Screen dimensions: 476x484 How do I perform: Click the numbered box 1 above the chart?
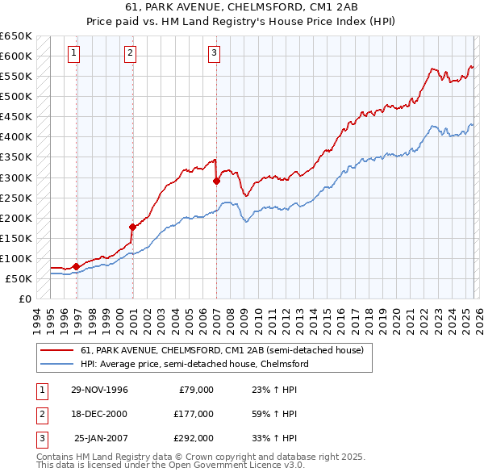(73, 54)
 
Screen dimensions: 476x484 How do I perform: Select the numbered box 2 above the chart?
(130, 54)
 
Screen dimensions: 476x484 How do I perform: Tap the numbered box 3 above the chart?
(214, 54)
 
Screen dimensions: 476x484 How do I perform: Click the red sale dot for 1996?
(76, 266)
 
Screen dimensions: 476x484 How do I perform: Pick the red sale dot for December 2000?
(132, 227)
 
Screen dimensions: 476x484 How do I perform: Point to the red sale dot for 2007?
(216, 181)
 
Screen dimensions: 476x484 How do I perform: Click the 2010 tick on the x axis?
(257, 319)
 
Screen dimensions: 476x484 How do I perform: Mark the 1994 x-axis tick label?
(36, 319)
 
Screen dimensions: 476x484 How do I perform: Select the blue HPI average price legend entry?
(194, 364)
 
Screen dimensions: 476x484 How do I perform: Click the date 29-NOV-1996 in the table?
(99, 390)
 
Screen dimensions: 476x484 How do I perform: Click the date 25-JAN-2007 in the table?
(99, 438)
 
